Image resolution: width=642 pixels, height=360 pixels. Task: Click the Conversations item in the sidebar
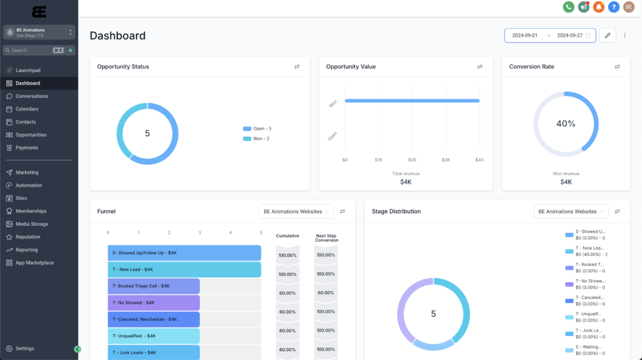tap(31, 96)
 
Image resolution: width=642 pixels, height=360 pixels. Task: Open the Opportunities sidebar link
tap(31, 135)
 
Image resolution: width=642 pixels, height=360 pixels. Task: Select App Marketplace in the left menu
tap(34, 263)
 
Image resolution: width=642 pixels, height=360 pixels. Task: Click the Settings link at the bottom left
tap(25, 348)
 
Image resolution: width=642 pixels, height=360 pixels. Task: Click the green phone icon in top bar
tap(569, 7)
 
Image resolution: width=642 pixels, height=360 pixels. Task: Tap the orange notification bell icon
tap(599, 7)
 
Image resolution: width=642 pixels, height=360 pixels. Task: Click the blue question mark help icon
tap(614, 7)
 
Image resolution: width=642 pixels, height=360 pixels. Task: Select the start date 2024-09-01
tap(525, 36)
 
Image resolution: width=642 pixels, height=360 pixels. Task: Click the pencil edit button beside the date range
tap(607, 36)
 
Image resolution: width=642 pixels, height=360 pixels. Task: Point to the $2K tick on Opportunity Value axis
tap(412, 160)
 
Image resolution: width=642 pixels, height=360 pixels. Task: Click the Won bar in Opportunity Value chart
tap(412, 100)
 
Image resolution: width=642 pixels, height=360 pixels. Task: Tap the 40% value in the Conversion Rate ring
tap(566, 124)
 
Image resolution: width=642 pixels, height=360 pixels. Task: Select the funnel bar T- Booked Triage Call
tap(154, 286)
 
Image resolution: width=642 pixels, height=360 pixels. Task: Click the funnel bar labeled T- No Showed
tap(154, 303)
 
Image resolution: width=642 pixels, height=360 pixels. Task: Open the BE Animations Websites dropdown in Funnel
tap(297, 212)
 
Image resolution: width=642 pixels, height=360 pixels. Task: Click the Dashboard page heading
tap(118, 36)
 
